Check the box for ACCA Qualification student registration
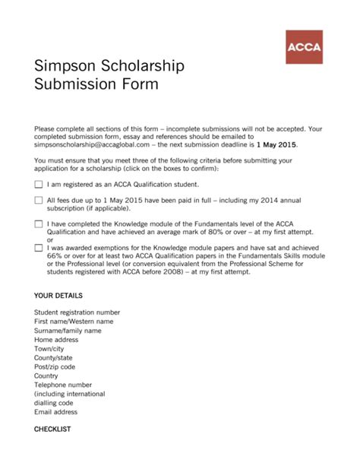[39, 184]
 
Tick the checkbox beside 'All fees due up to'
[39, 200]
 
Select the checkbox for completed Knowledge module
[39, 224]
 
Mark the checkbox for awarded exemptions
[39, 248]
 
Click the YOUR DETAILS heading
[58, 295]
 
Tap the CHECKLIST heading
[52, 430]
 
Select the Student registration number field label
[77, 312]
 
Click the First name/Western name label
[74, 322]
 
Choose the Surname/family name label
[68, 331]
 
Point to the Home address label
[56, 340]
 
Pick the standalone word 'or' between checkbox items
[51, 240]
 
